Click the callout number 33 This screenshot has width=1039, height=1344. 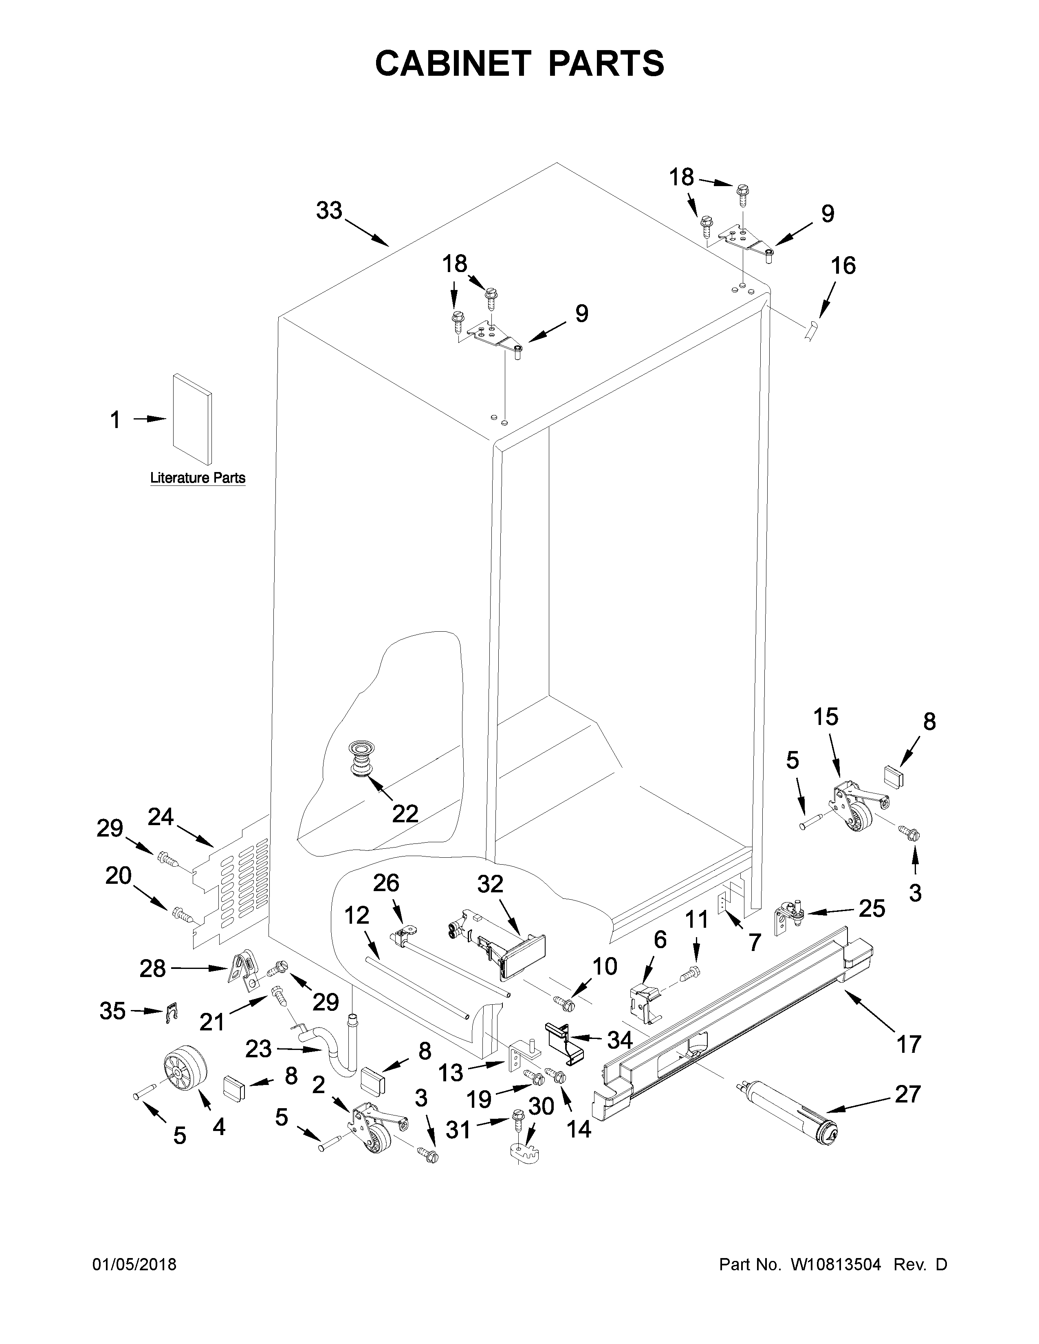coord(329,211)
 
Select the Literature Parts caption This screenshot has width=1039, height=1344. coord(198,478)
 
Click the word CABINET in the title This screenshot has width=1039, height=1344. coord(452,63)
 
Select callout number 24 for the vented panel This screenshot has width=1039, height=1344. coord(161,817)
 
